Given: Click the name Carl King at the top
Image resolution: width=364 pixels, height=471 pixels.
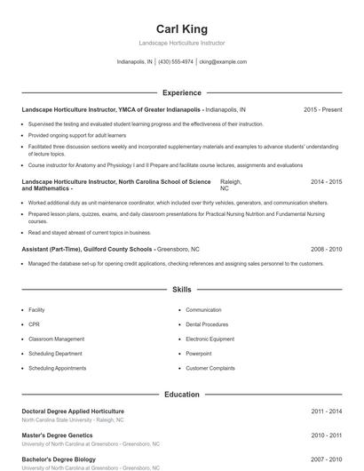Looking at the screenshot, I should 182,28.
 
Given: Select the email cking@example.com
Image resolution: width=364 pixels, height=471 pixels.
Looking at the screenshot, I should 223,62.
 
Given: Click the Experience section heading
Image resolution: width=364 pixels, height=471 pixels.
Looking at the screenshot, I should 181,92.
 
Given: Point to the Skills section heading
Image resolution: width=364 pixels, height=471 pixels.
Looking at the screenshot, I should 181,290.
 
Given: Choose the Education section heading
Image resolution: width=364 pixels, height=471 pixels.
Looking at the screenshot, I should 181,394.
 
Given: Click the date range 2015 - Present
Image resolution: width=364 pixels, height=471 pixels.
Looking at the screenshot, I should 322,109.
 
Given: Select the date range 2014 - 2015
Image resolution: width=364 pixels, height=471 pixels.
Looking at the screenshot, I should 326,181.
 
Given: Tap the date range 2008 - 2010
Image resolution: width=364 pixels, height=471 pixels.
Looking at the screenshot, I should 326,250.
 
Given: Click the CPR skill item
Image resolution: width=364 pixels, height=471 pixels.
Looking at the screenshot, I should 35,324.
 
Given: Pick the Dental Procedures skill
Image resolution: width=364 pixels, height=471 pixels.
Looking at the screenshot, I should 207,324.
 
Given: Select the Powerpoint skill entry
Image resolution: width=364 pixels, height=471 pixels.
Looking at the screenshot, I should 199,353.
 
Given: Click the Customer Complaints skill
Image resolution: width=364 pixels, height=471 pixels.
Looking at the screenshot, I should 210,368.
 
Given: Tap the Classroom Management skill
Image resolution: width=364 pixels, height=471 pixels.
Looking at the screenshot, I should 56,339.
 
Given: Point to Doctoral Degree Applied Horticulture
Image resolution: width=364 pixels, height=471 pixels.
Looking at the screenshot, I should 73,411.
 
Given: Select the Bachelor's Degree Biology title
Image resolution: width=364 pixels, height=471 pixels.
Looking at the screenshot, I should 59,459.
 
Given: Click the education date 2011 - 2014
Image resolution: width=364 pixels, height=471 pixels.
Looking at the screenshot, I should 326,411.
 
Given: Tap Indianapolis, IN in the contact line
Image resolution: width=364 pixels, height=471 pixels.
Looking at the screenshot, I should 135,62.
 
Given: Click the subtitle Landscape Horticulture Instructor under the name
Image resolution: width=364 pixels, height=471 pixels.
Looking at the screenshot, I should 182,44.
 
